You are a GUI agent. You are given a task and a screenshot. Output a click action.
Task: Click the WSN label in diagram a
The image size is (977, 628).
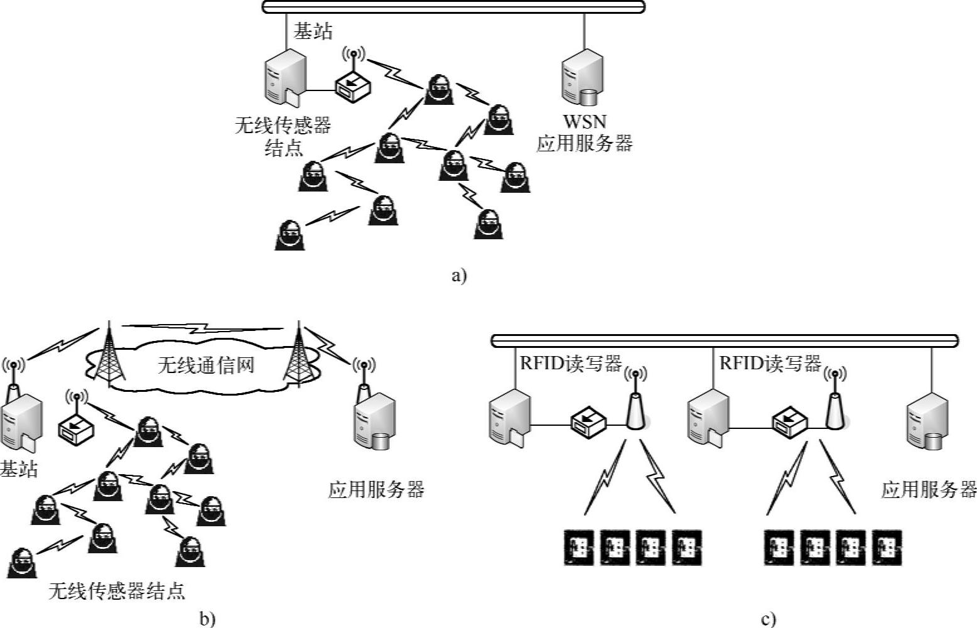click(x=584, y=122)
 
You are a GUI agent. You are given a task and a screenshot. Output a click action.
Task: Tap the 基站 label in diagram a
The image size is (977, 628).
click(x=313, y=31)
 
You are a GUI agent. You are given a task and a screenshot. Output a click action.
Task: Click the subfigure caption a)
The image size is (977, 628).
click(x=459, y=276)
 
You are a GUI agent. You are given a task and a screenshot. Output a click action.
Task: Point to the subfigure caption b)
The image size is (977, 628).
click(x=207, y=619)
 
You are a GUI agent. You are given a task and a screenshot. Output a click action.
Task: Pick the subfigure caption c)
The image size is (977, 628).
click(x=768, y=619)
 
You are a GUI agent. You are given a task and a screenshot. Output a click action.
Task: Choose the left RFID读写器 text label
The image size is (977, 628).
click(x=570, y=364)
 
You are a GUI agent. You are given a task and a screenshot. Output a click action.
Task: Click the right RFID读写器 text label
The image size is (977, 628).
click(x=770, y=364)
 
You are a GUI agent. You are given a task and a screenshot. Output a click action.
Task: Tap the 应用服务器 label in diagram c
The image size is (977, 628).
click(x=929, y=489)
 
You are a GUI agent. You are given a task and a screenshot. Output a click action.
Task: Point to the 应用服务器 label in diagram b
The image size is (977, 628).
click(x=376, y=489)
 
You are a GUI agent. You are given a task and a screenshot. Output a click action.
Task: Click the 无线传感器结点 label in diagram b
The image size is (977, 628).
click(x=117, y=591)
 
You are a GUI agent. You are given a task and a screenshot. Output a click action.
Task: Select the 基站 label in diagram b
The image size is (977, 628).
click(x=19, y=468)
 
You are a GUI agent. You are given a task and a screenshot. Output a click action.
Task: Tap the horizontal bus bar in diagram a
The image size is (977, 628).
click(x=453, y=7)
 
